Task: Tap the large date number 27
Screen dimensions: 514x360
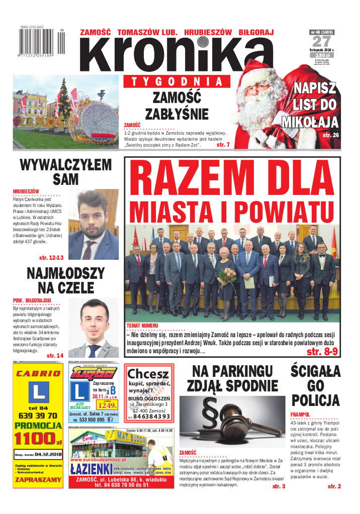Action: coord(323,42)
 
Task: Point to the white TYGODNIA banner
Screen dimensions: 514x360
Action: coord(176,81)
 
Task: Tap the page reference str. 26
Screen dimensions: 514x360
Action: coord(331,135)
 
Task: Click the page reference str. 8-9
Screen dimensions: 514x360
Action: coord(323,351)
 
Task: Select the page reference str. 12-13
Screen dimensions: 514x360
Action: coord(52,258)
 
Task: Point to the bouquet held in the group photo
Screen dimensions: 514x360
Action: coord(227,274)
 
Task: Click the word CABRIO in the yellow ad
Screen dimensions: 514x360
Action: coord(38,373)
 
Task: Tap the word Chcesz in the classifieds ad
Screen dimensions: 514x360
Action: coord(148,373)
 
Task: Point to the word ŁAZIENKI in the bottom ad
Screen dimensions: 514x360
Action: coord(90,469)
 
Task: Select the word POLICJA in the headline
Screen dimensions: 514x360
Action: coord(316,400)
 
